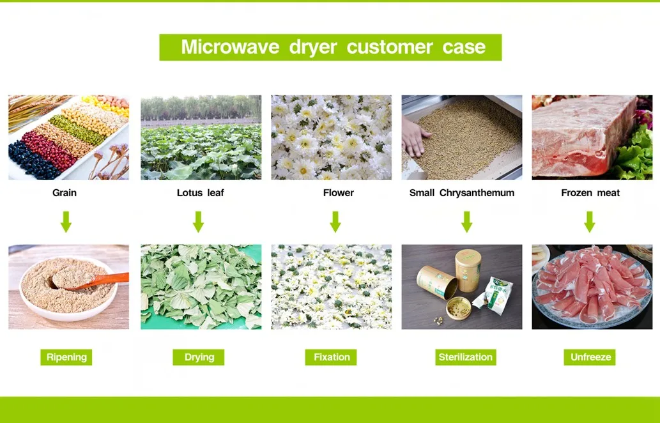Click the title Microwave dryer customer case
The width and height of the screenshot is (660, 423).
click(x=330, y=47)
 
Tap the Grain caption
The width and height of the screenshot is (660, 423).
click(x=65, y=192)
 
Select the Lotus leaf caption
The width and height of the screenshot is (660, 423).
click(x=200, y=192)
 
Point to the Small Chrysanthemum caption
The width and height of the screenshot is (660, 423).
click(x=461, y=192)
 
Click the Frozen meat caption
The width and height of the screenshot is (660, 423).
click(x=590, y=192)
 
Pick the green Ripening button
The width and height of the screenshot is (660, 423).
click(x=66, y=357)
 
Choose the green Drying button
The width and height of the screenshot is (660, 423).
click(x=199, y=357)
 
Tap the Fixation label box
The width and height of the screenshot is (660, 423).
click(x=332, y=357)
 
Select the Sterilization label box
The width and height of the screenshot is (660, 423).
click(x=465, y=357)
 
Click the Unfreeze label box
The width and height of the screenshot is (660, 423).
click(x=589, y=357)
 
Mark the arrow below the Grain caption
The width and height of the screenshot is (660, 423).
click(x=66, y=222)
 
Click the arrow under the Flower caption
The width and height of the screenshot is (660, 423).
click(x=335, y=222)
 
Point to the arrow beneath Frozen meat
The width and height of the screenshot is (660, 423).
click(x=589, y=222)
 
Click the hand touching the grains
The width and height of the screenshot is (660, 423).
click(x=417, y=137)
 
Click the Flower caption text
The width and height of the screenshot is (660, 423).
click(x=338, y=192)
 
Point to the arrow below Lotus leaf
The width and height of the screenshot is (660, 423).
click(x=198, y=222)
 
